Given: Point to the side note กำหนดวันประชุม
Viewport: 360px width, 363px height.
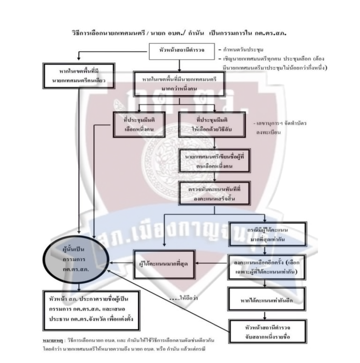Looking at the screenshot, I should (x=242, y=49).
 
